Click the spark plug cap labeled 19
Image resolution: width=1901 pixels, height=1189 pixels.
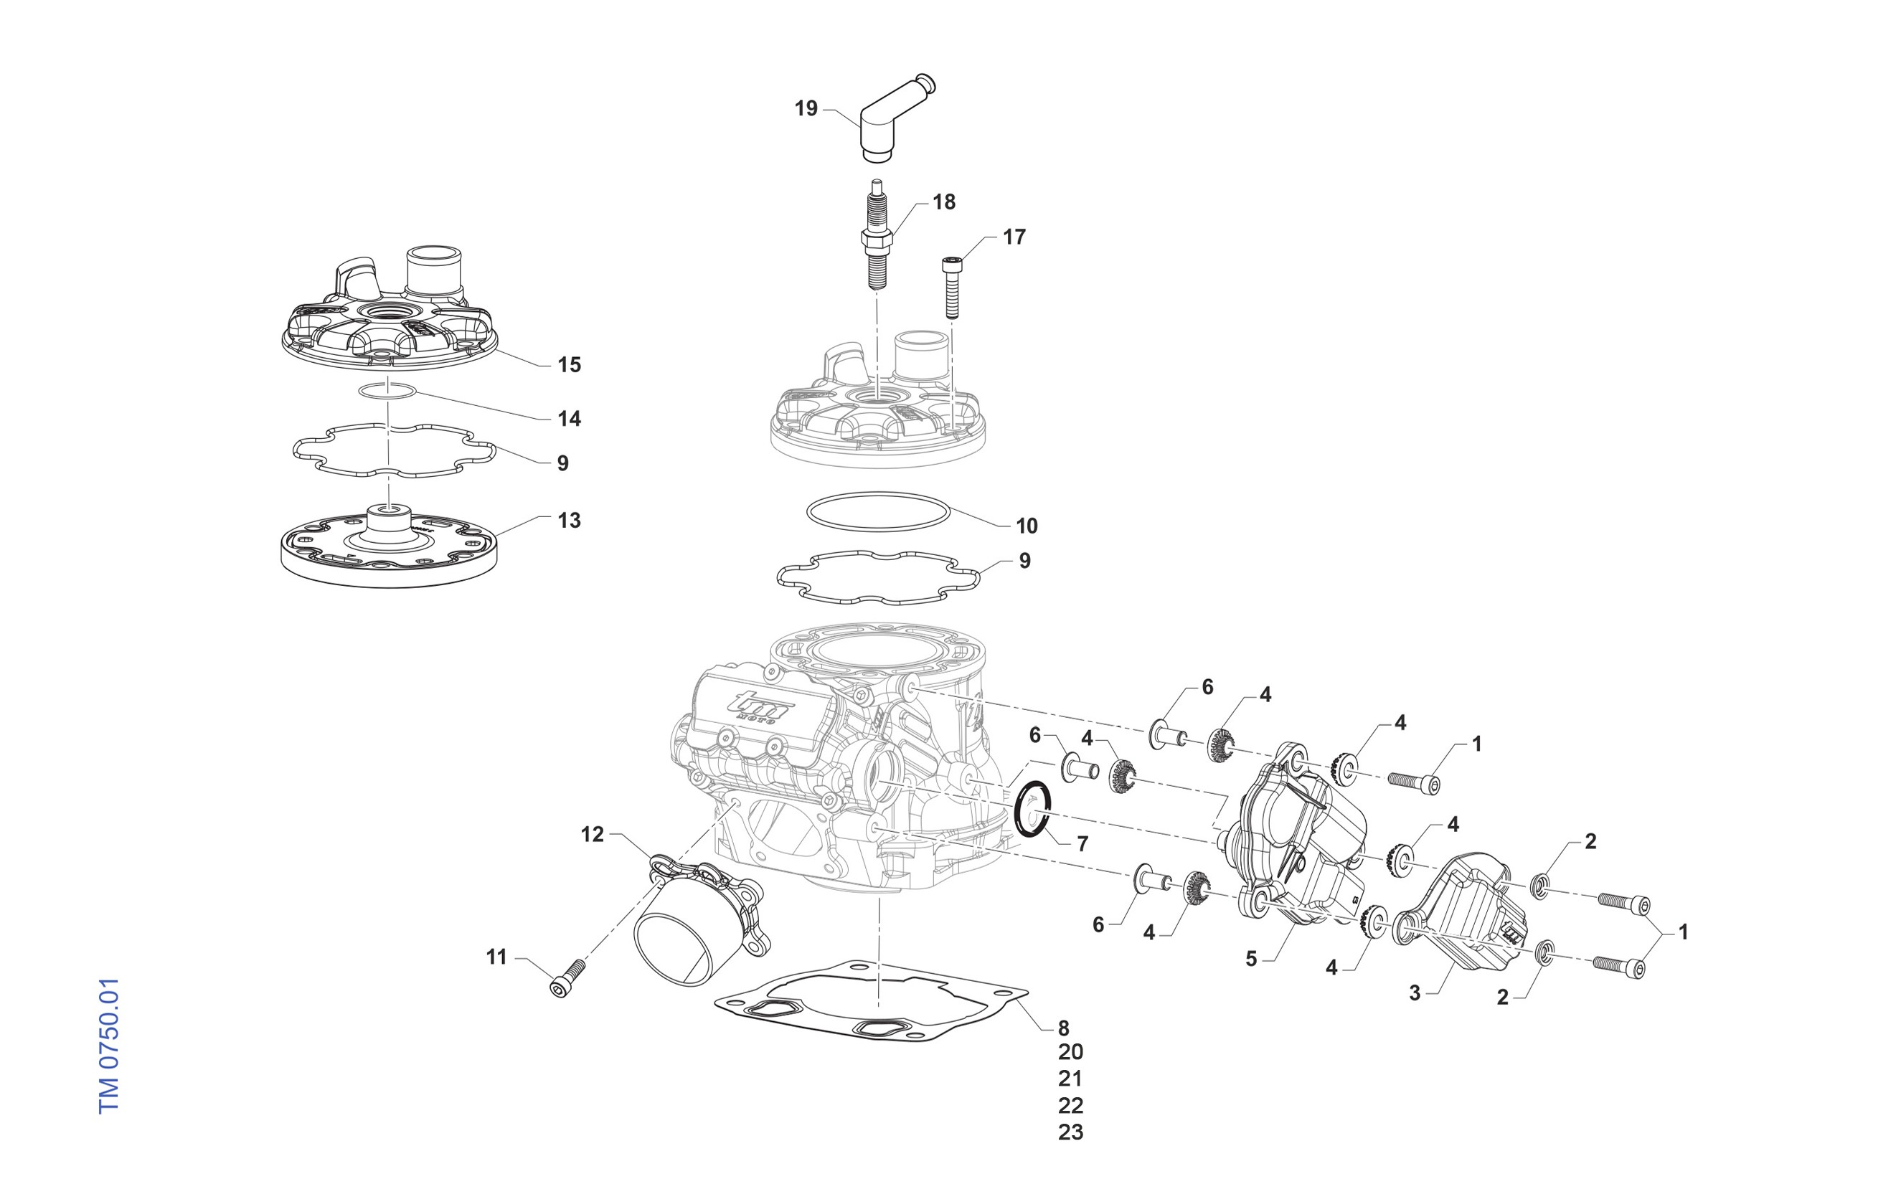(x=885, y=125)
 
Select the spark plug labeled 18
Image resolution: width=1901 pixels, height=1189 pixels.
(x=879, y=236)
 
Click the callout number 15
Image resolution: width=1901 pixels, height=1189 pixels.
(x=569, y=365)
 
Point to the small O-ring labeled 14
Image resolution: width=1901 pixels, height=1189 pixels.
(x=388, y=391)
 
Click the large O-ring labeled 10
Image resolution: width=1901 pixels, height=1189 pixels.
(x=879, y=511)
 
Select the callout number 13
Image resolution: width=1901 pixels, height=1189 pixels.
(x=569, y=521)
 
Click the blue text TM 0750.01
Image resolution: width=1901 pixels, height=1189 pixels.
(x=108, y=1046)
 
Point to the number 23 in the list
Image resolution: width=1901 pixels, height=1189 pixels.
(x=1070, y=1132)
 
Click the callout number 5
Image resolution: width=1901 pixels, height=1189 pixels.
(x=1251, y=960)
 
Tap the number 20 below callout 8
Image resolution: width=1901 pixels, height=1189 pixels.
(x=1070, y=1052)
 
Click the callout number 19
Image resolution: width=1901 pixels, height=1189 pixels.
(x=806, y=108)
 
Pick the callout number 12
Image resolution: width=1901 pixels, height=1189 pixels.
(x=593, y=834)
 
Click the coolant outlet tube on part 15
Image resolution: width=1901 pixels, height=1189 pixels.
(x=432, y=271)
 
